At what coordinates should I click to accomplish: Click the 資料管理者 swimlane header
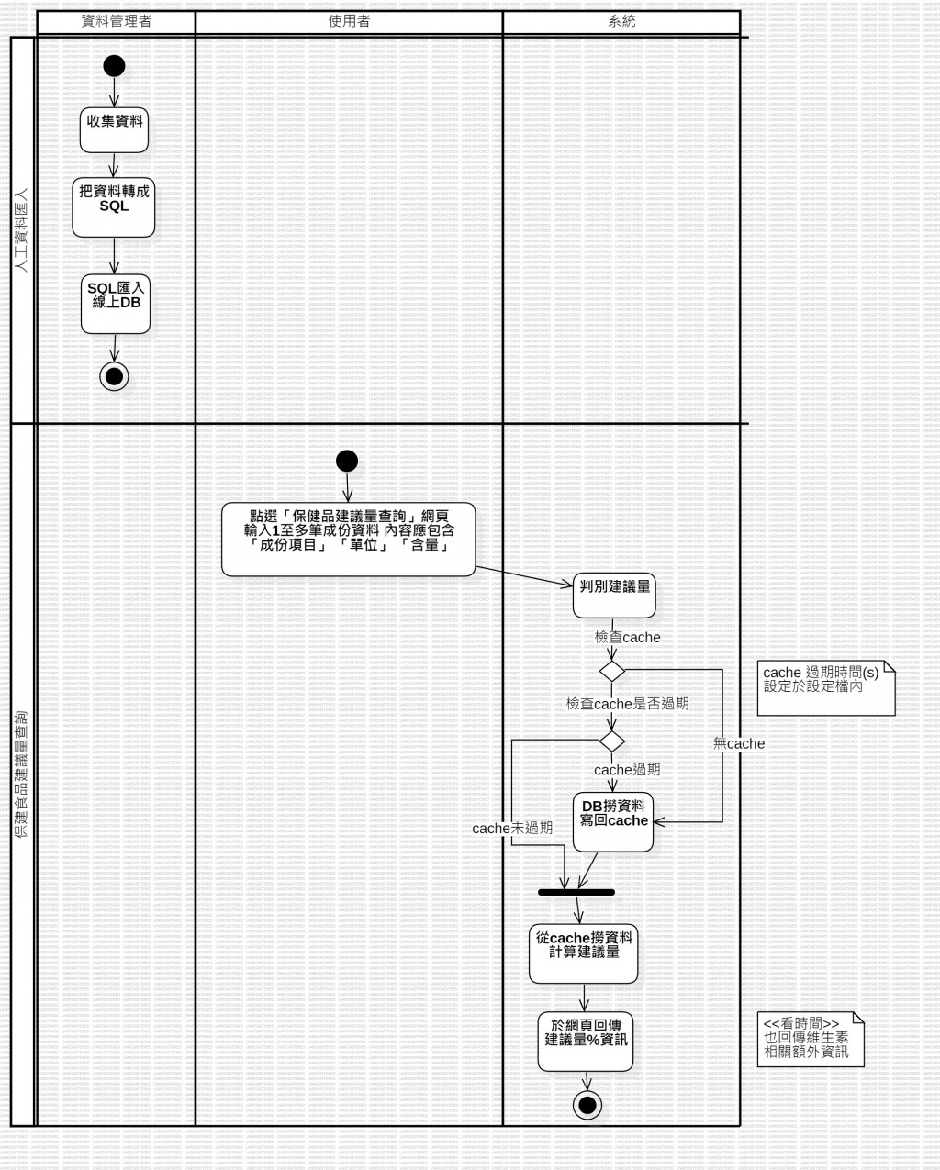pos(116,21)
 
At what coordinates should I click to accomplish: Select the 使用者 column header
pos(349,21)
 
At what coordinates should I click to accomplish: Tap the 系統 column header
pos(621,21)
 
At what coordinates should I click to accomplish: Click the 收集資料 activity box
pos(115,129)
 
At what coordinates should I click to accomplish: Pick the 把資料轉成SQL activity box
pos(114,207)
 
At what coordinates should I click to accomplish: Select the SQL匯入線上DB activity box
pos(116,303)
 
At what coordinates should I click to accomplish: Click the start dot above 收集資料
pos(114,65)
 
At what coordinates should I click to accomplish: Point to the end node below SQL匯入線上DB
pos(115,376)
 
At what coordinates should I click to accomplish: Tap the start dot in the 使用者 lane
pos(347,461)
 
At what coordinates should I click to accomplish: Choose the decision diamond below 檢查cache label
pos(612,672)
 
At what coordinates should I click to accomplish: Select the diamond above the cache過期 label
pos(612,741)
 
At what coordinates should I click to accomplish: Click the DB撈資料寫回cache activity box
pos(613,820)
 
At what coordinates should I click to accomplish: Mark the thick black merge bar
pos(576,892)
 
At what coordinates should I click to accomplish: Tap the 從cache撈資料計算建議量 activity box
pos(584,953)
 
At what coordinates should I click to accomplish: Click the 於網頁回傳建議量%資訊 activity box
pos(586,1041)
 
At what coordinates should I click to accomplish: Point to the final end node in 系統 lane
pos(587,1105)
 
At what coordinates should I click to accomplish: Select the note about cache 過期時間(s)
pos(825,687)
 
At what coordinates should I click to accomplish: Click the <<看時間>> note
pos(811,1039)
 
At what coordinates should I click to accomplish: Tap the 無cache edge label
pos(739,743)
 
